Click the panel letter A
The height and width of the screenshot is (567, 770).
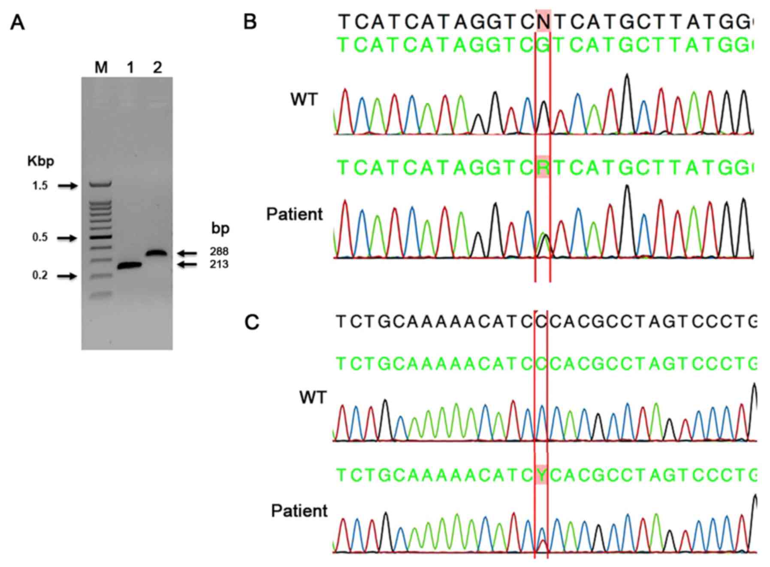pos(17,23)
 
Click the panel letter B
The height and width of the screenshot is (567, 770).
pos(250,22)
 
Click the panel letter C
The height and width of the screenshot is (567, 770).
pos(252,322)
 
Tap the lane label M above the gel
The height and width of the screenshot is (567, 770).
pos(101,68)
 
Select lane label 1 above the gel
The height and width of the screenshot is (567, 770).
pos(130,68)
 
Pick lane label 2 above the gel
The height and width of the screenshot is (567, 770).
pos(157,68)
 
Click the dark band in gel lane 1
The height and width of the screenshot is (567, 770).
pos(130,266)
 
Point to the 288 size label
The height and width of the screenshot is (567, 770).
pos(219,252)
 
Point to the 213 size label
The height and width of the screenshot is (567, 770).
pos(219,264)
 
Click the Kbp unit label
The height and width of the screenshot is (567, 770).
pos(40,161)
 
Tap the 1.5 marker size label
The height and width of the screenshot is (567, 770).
pos(40,186)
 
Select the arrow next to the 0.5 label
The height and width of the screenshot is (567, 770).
pos(67,238)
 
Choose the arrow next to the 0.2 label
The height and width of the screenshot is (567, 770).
pos(67,276)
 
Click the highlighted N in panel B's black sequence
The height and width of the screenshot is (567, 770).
pos(543,21)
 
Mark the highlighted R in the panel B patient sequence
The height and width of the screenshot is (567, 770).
pos(543,168)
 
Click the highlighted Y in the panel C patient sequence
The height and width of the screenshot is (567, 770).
pos(541,475)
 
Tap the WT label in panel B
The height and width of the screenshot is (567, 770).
pos(304,100)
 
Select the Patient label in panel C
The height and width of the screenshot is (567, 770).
pos(299,511)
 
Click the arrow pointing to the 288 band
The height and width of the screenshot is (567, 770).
pos(187,253)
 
